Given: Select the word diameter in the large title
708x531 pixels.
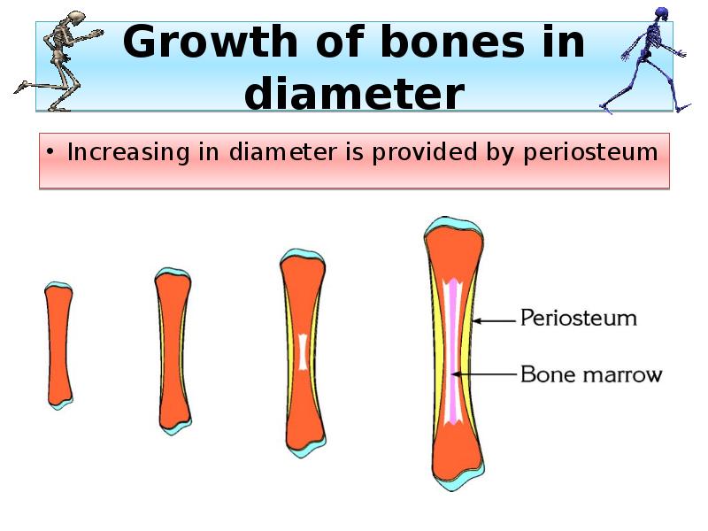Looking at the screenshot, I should click(354, 94).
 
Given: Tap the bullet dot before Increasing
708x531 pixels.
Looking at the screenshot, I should click(52, 153).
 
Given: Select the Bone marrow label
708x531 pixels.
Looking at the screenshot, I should click(590, 374).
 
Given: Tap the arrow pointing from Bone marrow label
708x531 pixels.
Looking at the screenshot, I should click(487, 374).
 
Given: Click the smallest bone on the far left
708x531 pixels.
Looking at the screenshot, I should click(58, 345).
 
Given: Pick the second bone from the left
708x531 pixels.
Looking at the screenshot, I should click(172, 350).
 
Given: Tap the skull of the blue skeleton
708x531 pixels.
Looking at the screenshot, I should click(659, 15).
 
